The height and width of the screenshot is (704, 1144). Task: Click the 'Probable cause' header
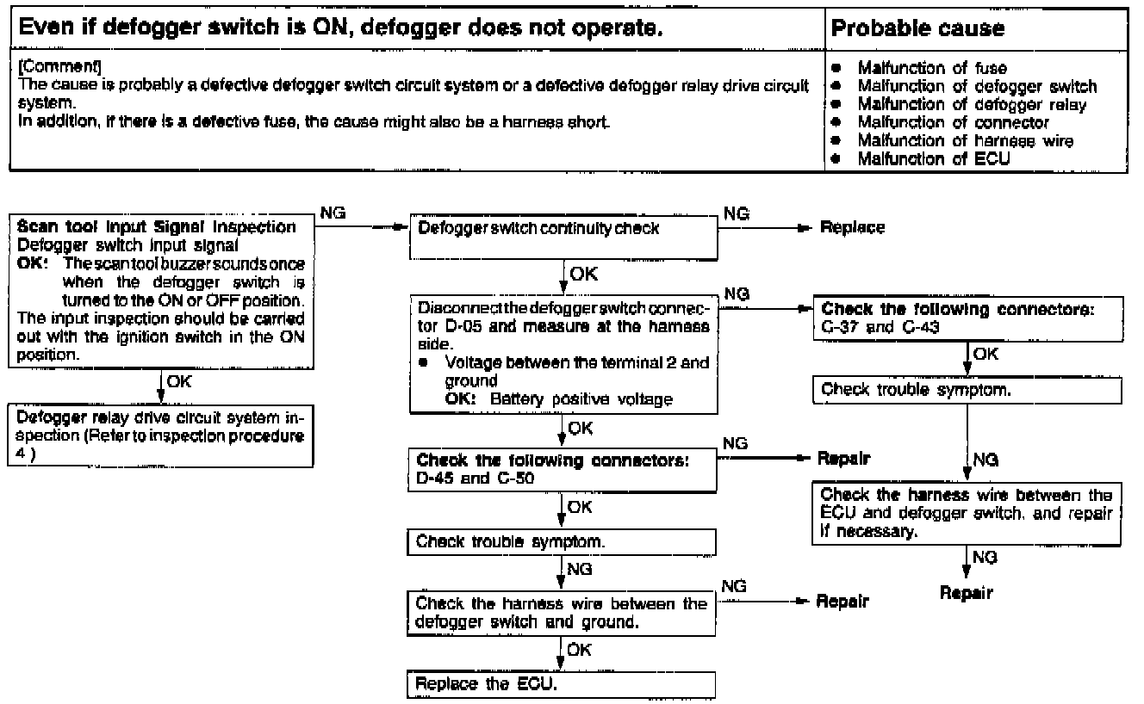pos(917,28)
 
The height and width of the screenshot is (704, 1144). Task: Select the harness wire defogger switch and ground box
pos(561,613)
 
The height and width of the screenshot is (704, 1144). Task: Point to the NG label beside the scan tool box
pos(333,212)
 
